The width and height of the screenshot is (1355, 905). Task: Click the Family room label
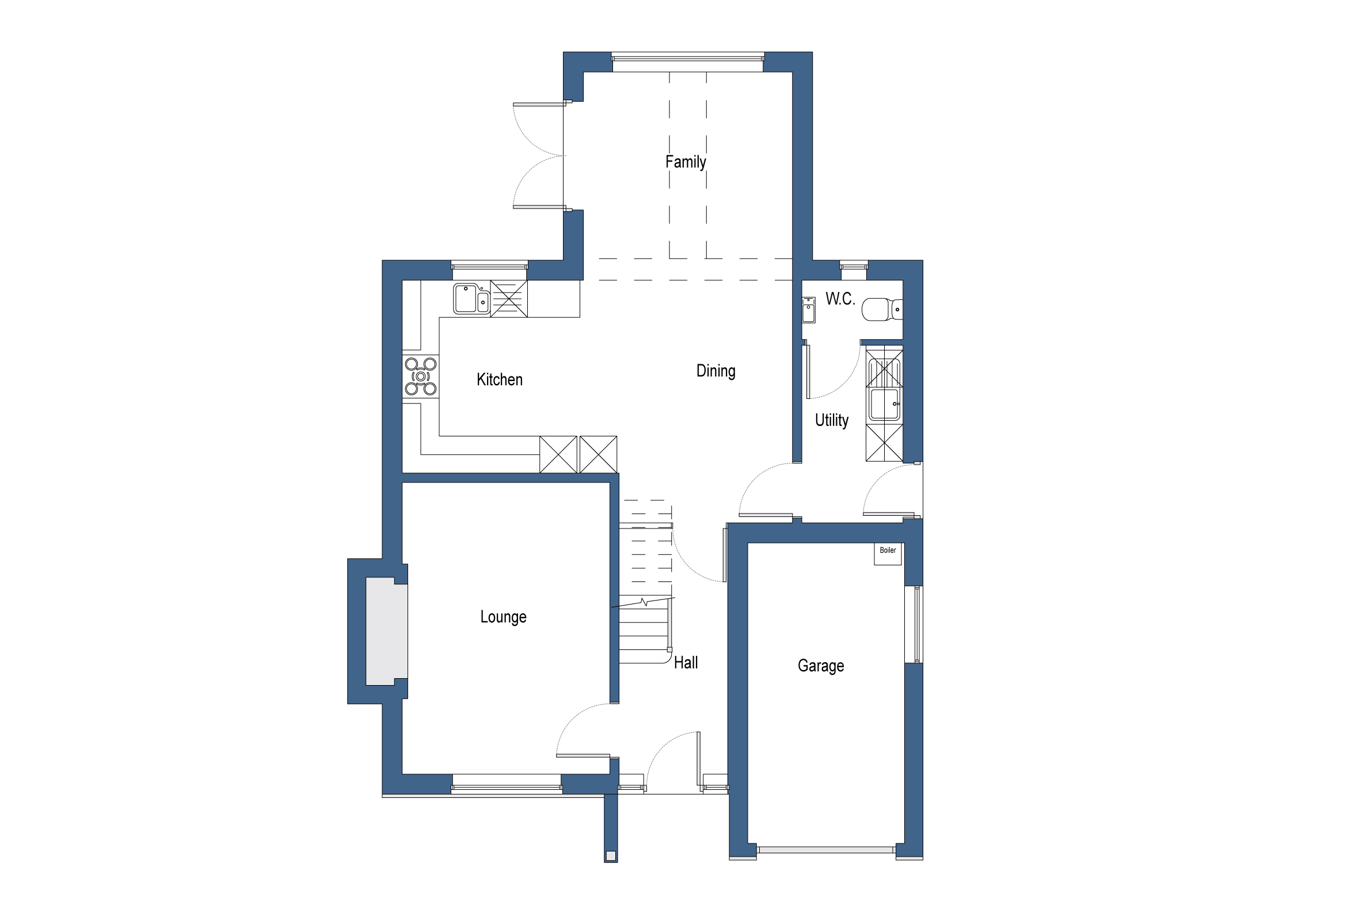tap(685, 162)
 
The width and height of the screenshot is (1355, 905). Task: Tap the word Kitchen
tap(499, 380)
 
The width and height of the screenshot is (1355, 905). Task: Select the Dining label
tap(715, 371)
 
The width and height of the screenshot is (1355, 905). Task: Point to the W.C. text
tap(840, 299)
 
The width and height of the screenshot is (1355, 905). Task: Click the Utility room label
tap(831, 420)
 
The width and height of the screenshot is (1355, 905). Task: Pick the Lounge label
tap(503, 617)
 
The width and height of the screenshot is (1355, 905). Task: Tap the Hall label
tap(686, 663)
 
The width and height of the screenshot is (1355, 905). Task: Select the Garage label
tap(820, 666)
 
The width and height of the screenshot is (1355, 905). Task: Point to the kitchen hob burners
tap(421, 377)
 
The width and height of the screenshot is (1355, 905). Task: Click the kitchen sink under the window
tap(471, 299)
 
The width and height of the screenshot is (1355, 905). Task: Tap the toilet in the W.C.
tap(880, 309)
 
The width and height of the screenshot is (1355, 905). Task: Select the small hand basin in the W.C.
tap(809, 310)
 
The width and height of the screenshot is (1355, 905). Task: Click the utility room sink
tap(884, 404)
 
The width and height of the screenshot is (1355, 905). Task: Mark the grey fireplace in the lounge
tap(386, 632)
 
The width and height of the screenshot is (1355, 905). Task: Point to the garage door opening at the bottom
tap(826, 850)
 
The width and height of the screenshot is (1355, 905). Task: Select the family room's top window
tap(687, 58)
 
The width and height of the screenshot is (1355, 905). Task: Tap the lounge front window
tap(507, 787)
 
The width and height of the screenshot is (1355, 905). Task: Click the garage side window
tap(918, 625)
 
